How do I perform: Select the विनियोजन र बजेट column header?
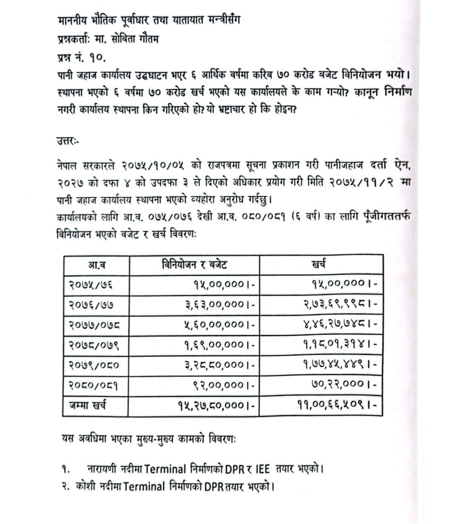[x=194, y=265]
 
